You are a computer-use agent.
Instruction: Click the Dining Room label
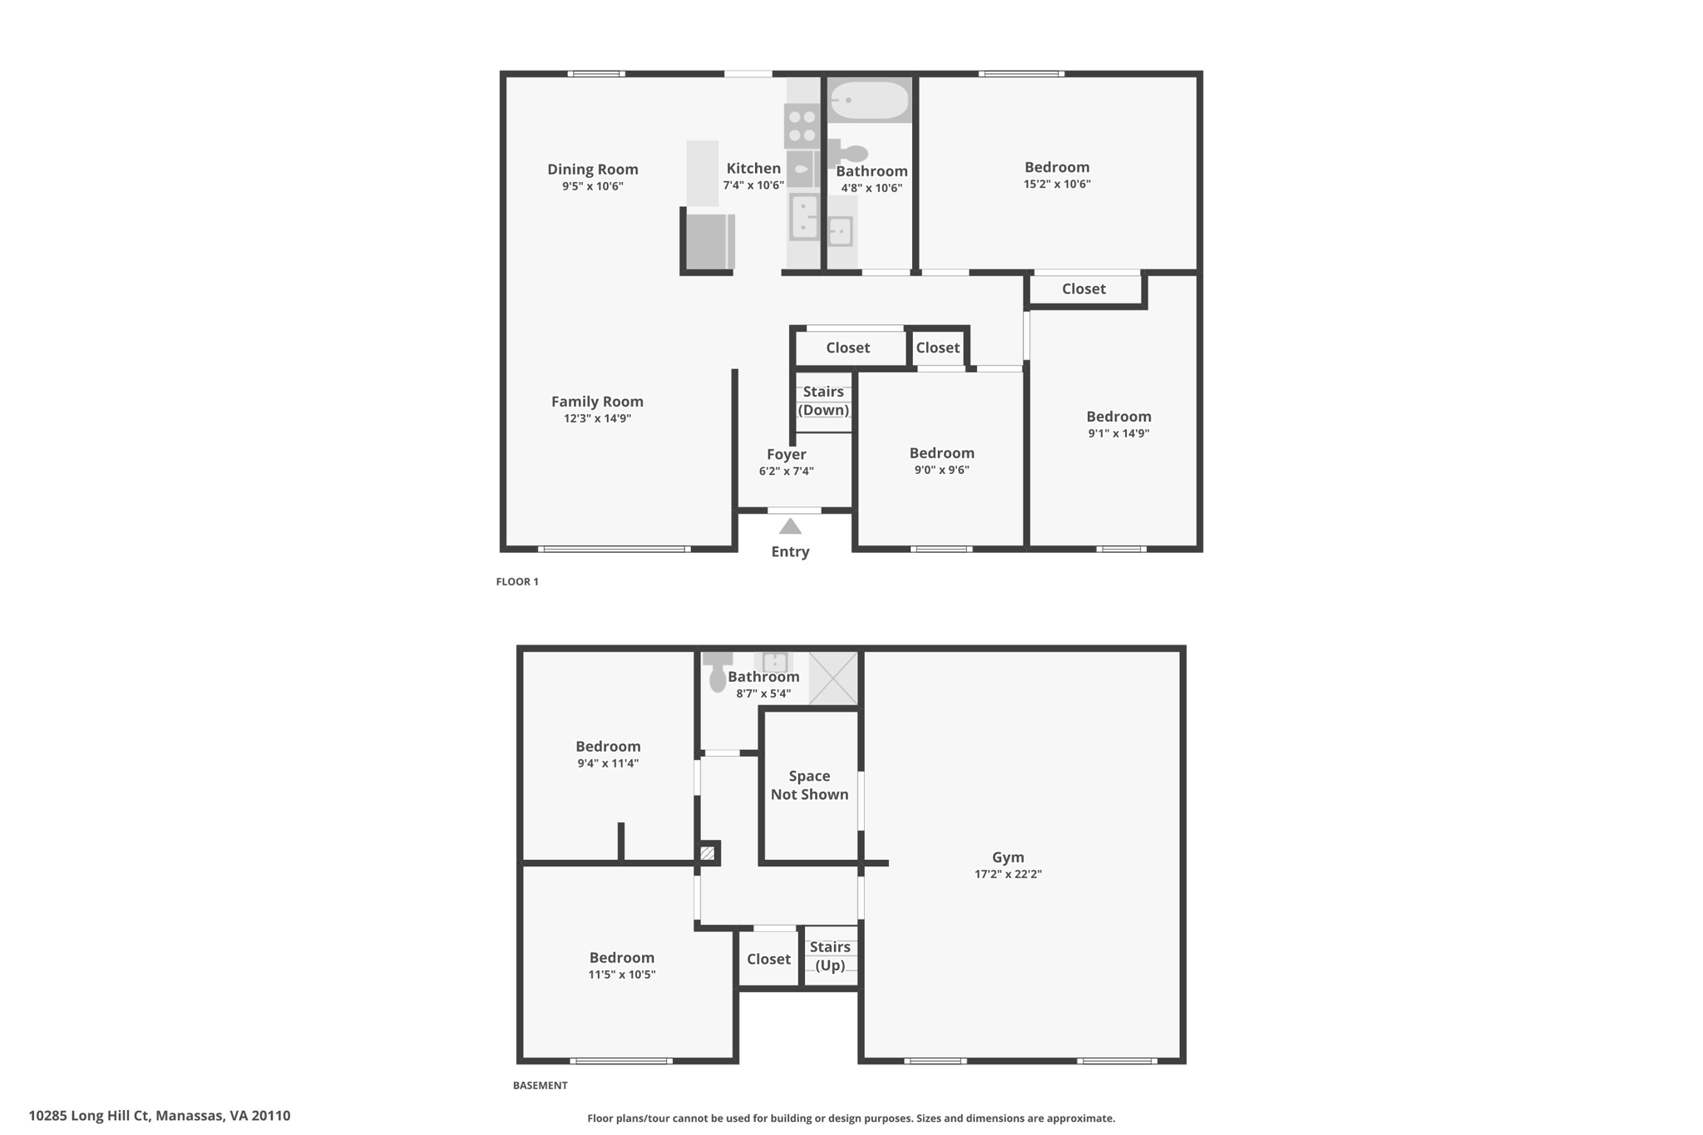[x=592, y=170]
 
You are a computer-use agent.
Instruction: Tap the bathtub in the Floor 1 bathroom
[x=869, y=101]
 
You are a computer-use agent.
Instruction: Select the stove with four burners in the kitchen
[x=802, y=126]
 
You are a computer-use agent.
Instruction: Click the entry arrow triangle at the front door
[x=790, y=526]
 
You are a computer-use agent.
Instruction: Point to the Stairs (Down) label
[x=823, y=401]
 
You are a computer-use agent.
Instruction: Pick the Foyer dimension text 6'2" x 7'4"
[x=786, y=471]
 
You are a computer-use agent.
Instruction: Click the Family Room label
[x=597, y=402]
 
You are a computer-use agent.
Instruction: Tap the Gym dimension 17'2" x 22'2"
[x=1008, y=874]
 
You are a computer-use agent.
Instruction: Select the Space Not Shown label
[x=809, y=785]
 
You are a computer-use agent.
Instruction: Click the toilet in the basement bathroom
[x=717, y=673]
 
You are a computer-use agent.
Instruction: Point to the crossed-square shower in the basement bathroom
[x=832, y=678]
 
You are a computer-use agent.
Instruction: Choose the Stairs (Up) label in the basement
[x=830, y=956]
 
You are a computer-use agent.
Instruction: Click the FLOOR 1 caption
[x=517, y=582]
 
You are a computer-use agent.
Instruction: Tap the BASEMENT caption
[x=540, y=1085]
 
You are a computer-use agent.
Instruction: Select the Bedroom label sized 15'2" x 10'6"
[x=1056, y=167]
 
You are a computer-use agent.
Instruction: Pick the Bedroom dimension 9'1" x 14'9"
[x=1118, y=433]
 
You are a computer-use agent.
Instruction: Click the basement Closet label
[x=768, y=960]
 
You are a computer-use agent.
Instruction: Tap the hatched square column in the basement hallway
[x=708, y=853]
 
